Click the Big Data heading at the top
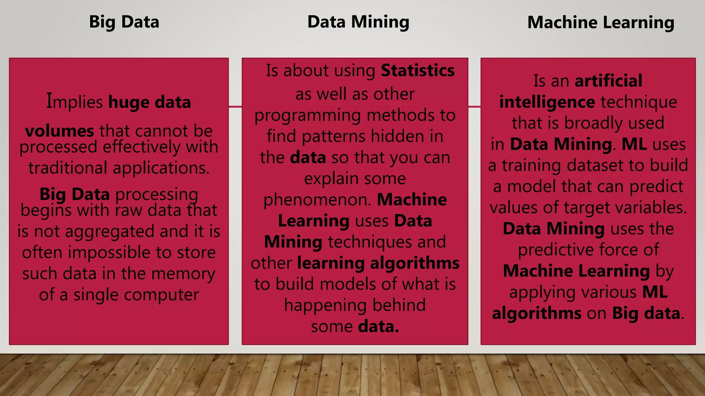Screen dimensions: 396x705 pos(124,22)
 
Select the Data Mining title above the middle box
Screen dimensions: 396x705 pos(358,22)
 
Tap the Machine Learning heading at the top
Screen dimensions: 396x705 pos(600,23)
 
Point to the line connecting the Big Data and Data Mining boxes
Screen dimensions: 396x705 pos(235,107)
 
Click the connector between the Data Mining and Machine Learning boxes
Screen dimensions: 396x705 pos(474,107)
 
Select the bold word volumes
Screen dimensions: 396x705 pos(59,131)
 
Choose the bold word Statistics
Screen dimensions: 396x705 pos(418,70)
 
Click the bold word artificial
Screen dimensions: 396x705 pos(608,81)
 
